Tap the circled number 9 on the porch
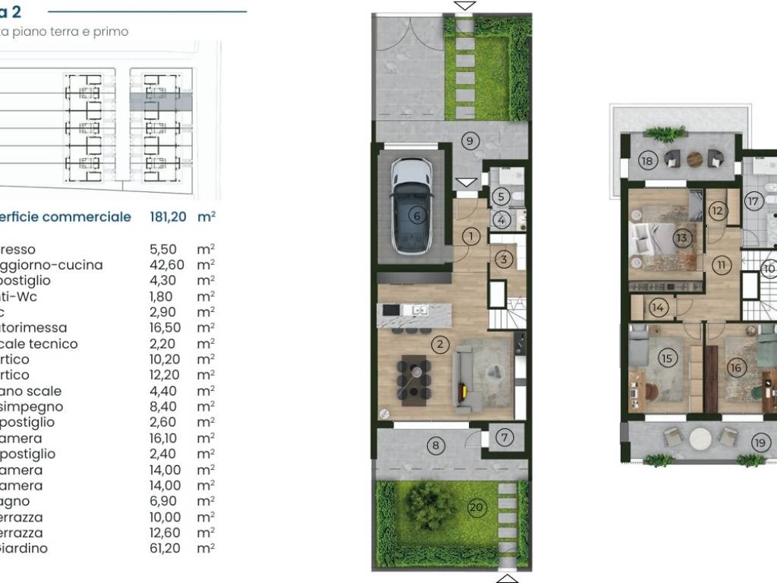[470, 140]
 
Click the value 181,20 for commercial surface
[168, 217]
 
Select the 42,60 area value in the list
[165, 265]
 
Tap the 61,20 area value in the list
[165, 548]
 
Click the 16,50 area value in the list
[165, 328]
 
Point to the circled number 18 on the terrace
[647, 160]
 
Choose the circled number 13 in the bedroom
[681, 238]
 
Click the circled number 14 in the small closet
[658, 307]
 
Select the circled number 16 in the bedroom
[735, 367]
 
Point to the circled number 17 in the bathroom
[753, 202]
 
